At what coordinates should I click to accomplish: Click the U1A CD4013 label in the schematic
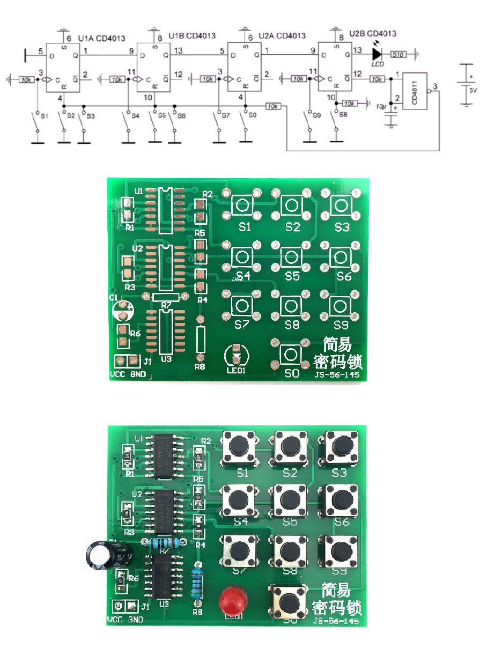coord(102,38)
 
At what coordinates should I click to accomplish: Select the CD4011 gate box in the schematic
coord(415,91)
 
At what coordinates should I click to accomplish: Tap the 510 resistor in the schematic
coord(399,54)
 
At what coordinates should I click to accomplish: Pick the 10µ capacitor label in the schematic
coord(381,107)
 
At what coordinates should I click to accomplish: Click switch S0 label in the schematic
coord(253,115)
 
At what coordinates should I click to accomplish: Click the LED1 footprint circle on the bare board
coord(237,354)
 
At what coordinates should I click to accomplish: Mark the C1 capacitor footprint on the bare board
coord(123,311)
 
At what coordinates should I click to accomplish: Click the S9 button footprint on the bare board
coord(340,306)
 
